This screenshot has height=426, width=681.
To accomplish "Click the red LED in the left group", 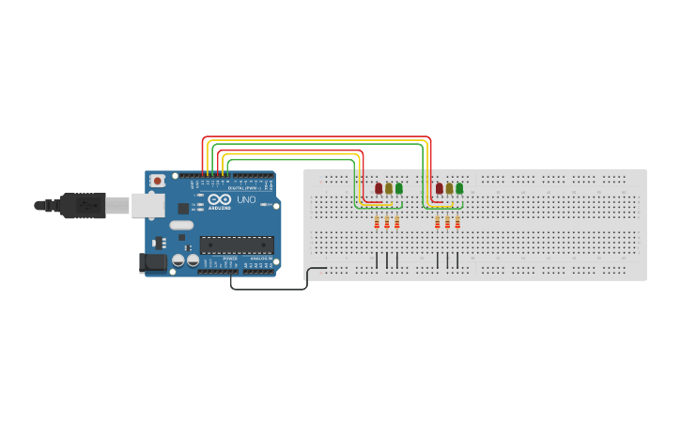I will [x=379, y=189].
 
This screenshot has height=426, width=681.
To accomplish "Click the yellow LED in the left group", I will [x=389, y=189].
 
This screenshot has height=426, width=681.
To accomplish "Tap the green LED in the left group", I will [x=399, y=189].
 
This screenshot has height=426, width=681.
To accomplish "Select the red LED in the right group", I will [x=439, y=189].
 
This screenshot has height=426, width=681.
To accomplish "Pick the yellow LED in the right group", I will [x=449, y=189].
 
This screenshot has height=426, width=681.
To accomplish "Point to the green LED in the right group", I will [x=459, y=189].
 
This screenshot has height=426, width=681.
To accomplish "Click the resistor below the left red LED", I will [x=377, y=223].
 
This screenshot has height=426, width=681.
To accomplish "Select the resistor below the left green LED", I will [x=397, y=223].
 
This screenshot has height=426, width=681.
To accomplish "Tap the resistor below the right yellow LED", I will [x=447, y=223].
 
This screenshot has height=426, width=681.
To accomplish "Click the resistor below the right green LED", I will [x=457, y=223].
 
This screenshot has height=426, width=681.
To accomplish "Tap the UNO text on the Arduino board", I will [x=245, y=200].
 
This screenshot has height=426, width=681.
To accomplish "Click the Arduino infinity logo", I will [x=218, y=200].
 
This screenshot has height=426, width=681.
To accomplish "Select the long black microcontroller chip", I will [x=237, y=245].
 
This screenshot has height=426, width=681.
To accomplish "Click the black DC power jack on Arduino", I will [x=149, y=263].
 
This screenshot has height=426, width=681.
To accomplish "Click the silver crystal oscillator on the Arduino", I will [x=181, y=225].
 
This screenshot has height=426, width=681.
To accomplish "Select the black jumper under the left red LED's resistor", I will [x=377, y=260].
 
